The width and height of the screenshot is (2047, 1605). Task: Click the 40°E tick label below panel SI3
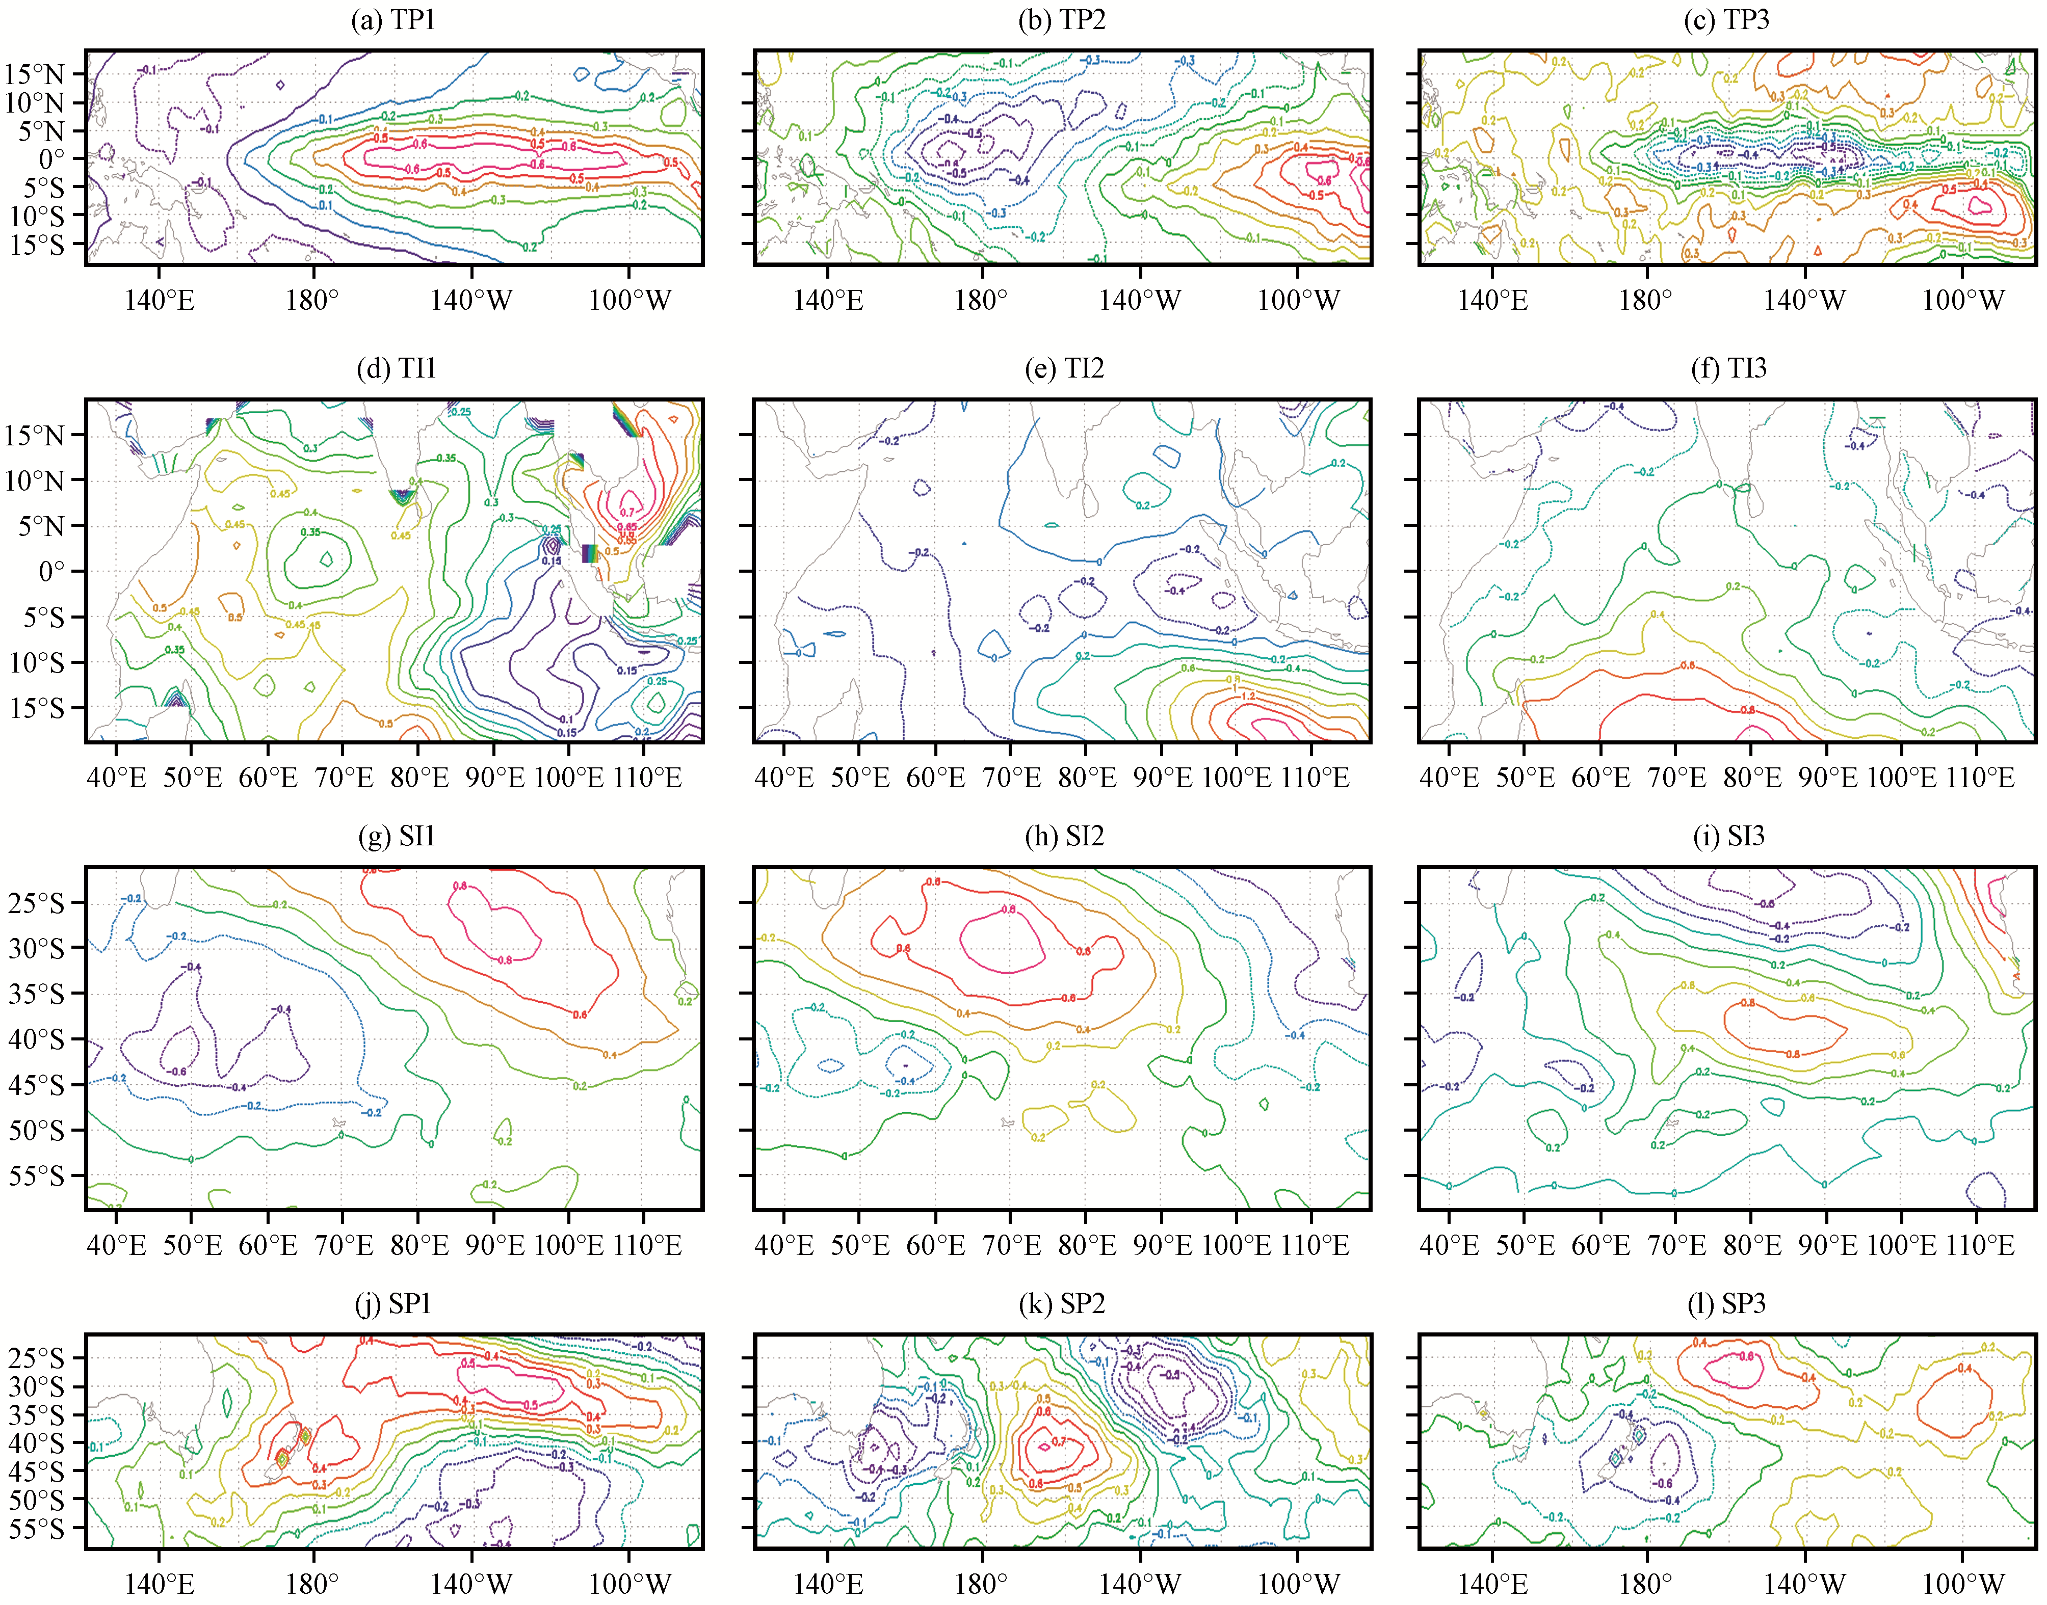(x=1449, y=1246)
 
